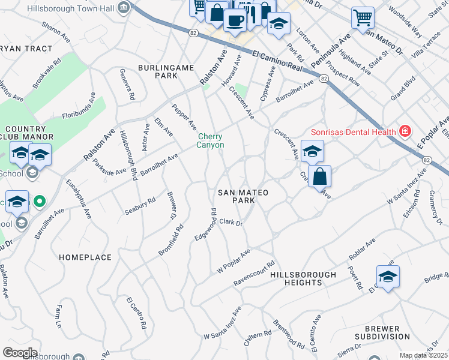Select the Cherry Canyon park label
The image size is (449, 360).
click(211, 140)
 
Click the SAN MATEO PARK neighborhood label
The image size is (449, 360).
click(243, 196)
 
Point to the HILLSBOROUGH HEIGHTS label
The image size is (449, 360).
click(303, 278)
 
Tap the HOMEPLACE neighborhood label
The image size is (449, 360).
click(85, 257)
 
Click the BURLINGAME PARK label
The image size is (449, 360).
click(158, 71)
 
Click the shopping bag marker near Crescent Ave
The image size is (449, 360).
click(320, 176)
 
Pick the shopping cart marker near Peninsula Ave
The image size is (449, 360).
click(363, 17)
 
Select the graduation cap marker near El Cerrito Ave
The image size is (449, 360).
click(388, 277)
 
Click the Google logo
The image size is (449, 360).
click(20, 352)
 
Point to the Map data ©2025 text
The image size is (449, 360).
click(423, 355)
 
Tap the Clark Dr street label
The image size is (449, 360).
click(231, 222)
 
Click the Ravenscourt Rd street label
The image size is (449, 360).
click(253, 272)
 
